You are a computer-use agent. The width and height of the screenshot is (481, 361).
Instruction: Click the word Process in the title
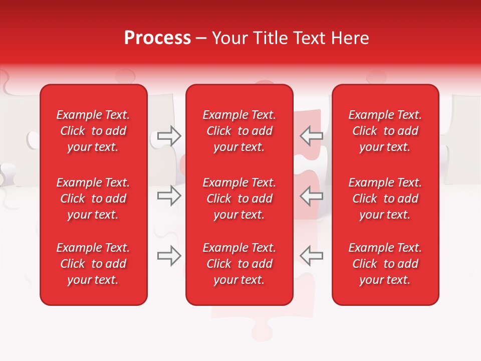click(x=157, y=38)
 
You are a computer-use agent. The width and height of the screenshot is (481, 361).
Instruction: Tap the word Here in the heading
click(x=350, y=38)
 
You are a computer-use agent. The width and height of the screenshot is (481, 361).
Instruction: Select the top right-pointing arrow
click(x=169, y=135)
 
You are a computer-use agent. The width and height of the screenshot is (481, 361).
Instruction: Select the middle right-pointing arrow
click(x=169, y=196)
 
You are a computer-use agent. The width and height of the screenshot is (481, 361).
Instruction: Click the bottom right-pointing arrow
click(x=169, y=256)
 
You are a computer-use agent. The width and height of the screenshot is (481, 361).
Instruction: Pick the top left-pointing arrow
click(x=312, y=135)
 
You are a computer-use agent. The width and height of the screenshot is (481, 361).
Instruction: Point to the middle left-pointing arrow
click(x=312, y=196)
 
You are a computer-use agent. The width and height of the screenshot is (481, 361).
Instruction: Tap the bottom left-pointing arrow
click(x=312, y=256)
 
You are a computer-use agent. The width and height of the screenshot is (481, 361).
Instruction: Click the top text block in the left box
click(x=93, y=131)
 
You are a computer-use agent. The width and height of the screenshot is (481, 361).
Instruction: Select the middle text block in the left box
click(x=93, y=199)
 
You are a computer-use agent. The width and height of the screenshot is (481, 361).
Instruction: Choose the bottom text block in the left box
click(x=93, y=264)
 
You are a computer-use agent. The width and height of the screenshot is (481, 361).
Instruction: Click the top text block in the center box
click(x=239, y=131)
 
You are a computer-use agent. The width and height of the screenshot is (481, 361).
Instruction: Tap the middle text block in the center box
click(x=239, y=199)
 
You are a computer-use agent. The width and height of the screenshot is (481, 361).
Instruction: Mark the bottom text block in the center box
click(x=239, y=264)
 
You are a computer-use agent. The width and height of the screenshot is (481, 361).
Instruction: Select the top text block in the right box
click(x=385, y=131)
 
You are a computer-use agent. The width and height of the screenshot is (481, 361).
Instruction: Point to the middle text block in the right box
click(x=385, y=199)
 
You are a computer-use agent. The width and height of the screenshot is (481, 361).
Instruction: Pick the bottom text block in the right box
click(x=385, y=264)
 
